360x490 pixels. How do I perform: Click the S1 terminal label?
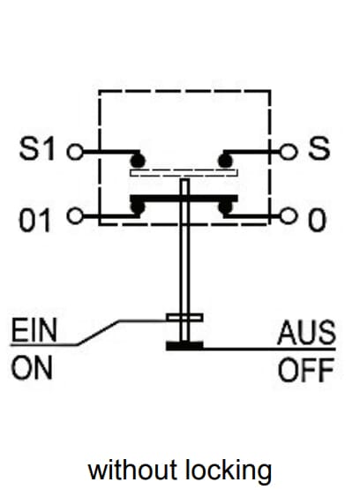tap(37, 148)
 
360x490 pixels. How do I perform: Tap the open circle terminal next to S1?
tap(75, 152)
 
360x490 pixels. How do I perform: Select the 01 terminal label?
tap(34, 221)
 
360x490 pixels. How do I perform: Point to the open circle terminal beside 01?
tap(75, 216)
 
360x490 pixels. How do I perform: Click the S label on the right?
tap(319, 148)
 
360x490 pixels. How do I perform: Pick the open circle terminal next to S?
tap(288, 152)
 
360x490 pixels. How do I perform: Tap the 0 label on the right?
tap(317, 221)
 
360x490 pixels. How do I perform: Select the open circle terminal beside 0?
tap(288, 216)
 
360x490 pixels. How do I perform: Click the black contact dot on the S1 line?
tap(138, 162)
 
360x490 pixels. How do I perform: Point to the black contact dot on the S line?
tap(225, 162)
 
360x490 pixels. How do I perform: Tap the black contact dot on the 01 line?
tap(138, 207)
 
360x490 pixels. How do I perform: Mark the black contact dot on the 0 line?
tap(225, 207)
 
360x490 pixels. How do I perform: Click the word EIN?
tap(34, 330)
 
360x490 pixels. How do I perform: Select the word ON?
tap(32, 368)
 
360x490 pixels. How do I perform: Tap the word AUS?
tap(306, 333)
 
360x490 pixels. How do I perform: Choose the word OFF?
tap(306, 370)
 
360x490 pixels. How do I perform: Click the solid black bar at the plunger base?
tap(184, 346)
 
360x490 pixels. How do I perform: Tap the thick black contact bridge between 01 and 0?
tap(184, 199)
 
